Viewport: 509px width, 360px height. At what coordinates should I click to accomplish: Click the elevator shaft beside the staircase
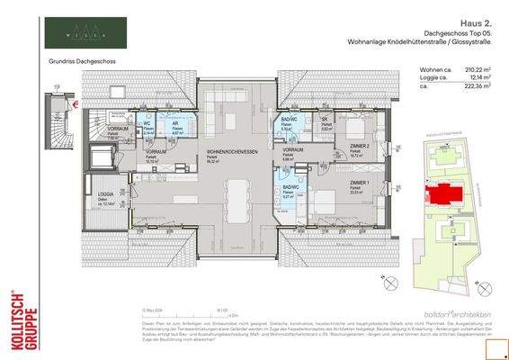pos(101,156)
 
